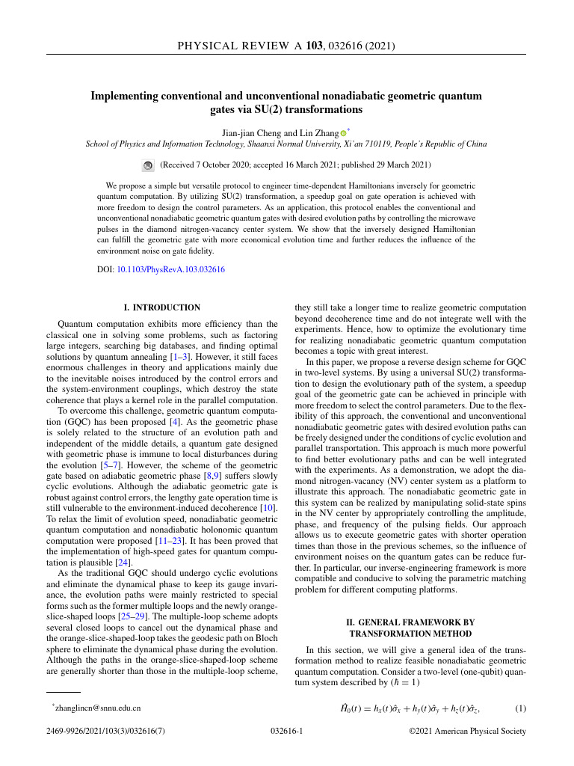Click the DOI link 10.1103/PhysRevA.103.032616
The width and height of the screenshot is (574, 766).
[x=171, y=269]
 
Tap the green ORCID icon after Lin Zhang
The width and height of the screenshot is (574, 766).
[x=343, y=133]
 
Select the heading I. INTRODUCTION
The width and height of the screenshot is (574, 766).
[x=161, y=307]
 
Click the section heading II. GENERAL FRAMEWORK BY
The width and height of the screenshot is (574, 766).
[x=410, y=622]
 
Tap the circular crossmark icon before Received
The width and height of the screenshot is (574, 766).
[x=148, y=165]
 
